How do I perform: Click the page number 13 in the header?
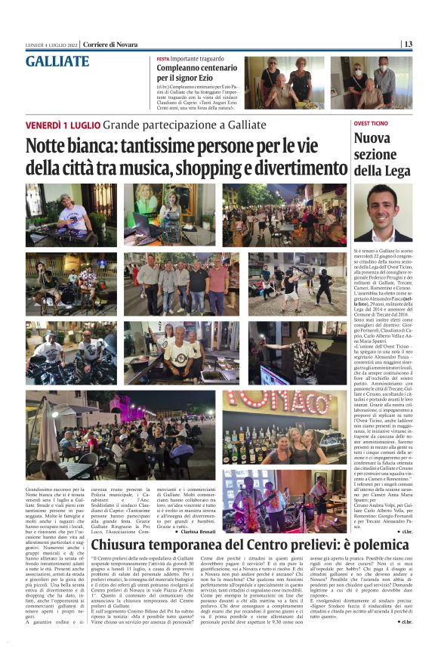pyautogui.click(x=407, y=44)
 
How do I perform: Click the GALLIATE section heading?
pyautogui.click(x=57, y=62)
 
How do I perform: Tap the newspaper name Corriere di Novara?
pyautogui.click(x=110, y=44)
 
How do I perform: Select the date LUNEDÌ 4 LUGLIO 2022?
pyautogui.click(x=52, y=44)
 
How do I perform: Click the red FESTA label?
pyautogui.click(x=163, y=58)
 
